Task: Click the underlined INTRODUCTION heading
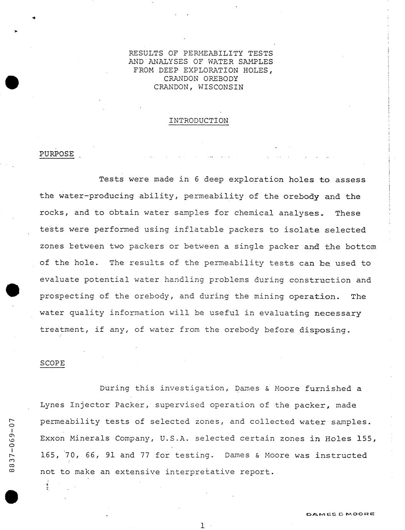pos(198,121)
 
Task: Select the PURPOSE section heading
pos(57,154)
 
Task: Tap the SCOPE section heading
pos(52,363)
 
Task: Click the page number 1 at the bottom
pos(202,525)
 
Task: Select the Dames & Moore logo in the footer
pos(340,513)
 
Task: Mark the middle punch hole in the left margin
pos(13,290)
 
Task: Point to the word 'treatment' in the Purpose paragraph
pos(62,330)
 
